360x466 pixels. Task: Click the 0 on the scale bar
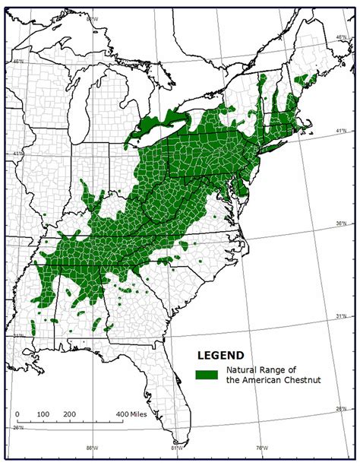(x=17, y=414)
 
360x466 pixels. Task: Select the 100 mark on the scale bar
(x=43, y=414)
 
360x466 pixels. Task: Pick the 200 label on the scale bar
(x=69, y=414)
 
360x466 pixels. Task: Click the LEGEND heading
(x=220, y=355)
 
